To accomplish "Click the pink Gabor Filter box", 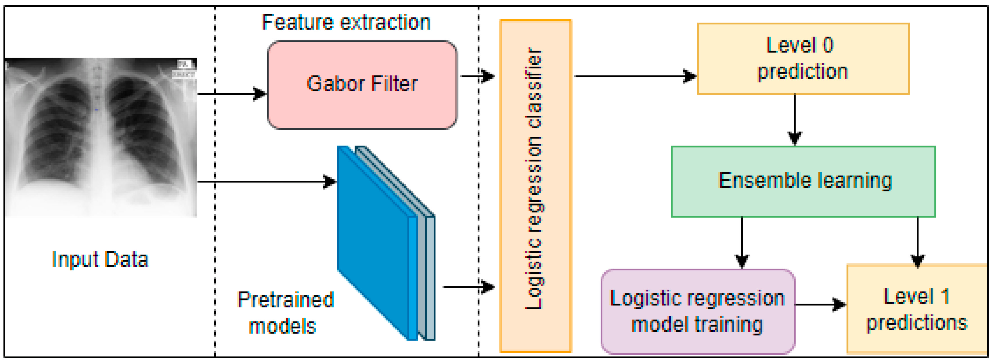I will coord(362,85).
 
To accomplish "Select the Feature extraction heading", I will coord(346,22).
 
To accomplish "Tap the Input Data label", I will coord(100,259).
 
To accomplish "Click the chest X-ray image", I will coord(101,137).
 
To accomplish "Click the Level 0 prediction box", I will coord(803,58).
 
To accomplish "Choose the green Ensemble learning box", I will coord(803,181).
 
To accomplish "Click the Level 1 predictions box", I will coord(916,309).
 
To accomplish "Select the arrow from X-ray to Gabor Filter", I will coord(231,94).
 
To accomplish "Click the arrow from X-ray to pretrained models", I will coord(266,181).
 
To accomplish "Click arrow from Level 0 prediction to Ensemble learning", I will coord(795,119).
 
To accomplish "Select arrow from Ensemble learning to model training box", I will coord(742,243).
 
